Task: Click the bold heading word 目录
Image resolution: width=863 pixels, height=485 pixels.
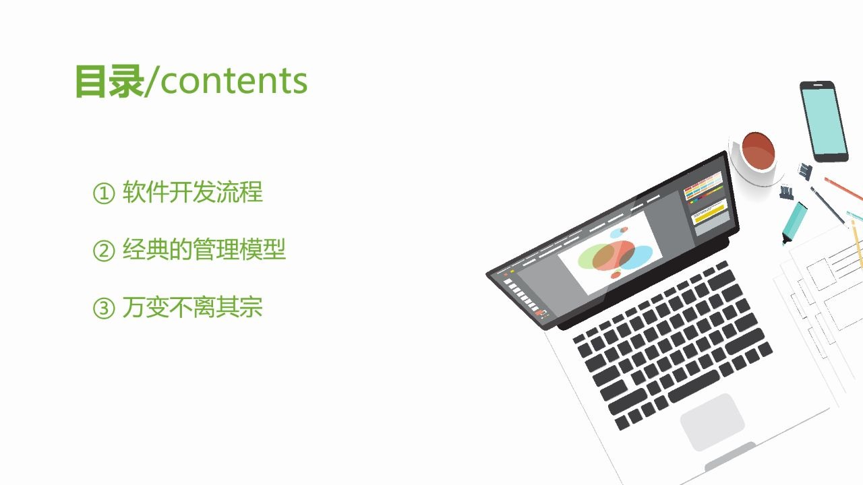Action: coord(109,81)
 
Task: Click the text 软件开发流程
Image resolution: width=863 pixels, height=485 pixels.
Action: coord(192,193)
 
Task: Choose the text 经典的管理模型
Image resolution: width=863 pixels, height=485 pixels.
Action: coord(204,250)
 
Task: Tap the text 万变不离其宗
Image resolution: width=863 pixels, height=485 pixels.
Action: coord(192,308)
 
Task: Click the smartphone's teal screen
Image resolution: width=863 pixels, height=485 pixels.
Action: coord(824,121)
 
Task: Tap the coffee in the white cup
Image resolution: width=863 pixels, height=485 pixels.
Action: coord(758,151)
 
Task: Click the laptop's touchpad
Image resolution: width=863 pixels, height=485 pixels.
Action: coord(712,422)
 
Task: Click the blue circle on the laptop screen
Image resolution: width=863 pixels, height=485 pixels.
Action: coord(636,257)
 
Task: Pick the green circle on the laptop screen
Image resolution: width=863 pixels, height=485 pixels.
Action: coord(593,257)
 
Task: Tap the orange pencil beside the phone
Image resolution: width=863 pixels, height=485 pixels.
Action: coord(843,189)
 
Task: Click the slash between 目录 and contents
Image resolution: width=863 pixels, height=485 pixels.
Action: coord(152,82)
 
